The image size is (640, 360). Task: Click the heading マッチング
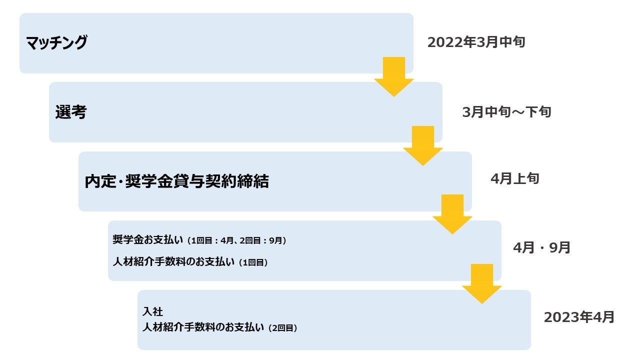point(56,43)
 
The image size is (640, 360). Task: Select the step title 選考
point(70,112)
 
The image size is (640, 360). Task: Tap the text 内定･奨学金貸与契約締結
point(176,181)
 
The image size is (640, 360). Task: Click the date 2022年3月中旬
point(476,42)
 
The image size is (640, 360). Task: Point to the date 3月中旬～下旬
point(506,111)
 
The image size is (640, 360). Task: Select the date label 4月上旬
point(514,178)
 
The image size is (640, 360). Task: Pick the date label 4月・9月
point(541,247)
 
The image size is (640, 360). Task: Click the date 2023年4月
point(579,317)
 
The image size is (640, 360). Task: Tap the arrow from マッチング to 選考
point(393,77)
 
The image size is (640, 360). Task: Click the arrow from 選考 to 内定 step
point(422,146)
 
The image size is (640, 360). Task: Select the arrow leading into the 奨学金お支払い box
point(452,215)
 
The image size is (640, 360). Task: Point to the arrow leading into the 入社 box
point(481,284)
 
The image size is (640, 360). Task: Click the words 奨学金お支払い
point(148,240)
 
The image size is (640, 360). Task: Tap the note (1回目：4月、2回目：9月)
point(237,240)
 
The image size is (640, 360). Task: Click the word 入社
point(152,311)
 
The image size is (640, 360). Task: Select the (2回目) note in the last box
point(282,328)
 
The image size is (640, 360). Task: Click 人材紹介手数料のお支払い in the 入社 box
point(203,328)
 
